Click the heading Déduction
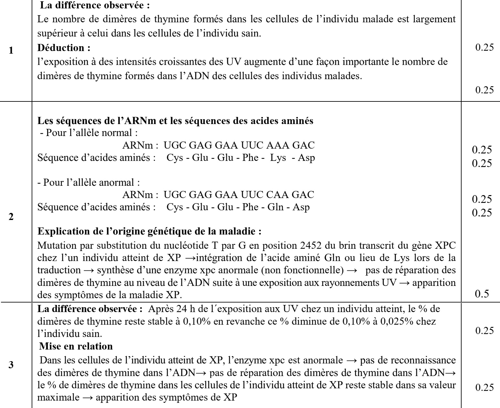pos(63,48)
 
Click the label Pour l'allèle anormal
pos(89,183)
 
